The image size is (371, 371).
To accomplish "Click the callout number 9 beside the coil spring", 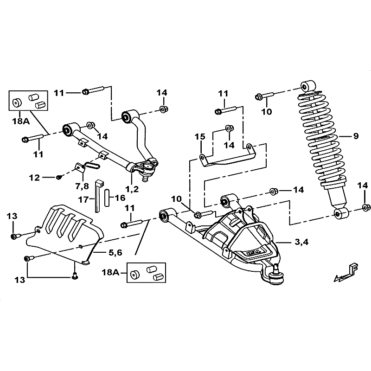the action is point(356,136).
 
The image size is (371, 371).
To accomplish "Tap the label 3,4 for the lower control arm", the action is point(301,242).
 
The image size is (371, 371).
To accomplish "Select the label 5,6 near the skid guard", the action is point(115,253).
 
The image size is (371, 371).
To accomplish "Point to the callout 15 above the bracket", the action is point(200,137).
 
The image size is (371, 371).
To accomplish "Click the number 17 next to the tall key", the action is point(83,200).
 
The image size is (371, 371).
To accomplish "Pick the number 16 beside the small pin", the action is point(120,198).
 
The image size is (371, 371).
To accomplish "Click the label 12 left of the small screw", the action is point(34,178).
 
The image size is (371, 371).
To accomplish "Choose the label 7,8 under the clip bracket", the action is point(82,186).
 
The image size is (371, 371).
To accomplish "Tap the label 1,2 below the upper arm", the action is point(132,189).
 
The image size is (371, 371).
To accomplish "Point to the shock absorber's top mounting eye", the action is point(308,86).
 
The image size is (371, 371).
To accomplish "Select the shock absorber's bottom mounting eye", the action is point(341,214).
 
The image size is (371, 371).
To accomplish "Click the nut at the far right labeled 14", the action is point(366,207).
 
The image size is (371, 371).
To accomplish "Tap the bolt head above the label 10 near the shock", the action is point(258,96).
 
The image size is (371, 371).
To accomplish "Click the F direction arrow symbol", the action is point(346,272).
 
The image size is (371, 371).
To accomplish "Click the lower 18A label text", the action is point(111,272).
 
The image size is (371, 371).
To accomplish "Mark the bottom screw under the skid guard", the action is point(75,275).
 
